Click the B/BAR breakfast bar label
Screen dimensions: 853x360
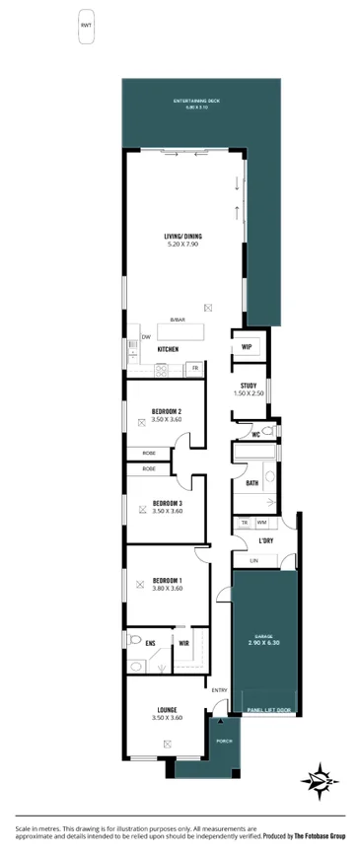coord(177,320)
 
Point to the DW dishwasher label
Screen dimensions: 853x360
coord(146,337)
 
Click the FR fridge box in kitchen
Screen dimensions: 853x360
coord(195,368)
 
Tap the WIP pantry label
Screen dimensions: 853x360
coord(246,347)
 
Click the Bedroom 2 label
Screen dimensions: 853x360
coord(166,410)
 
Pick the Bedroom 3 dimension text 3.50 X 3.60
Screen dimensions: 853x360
coord(166,511)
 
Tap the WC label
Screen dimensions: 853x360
coord(254,434)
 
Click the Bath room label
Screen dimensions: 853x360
coord(252,483)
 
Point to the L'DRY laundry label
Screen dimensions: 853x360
coord(264,542)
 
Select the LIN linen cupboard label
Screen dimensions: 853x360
coord(252,560)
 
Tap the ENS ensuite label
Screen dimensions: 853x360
coord(150,644)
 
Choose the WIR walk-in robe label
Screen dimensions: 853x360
coord(183,644)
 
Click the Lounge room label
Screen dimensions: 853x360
coord(166,709)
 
